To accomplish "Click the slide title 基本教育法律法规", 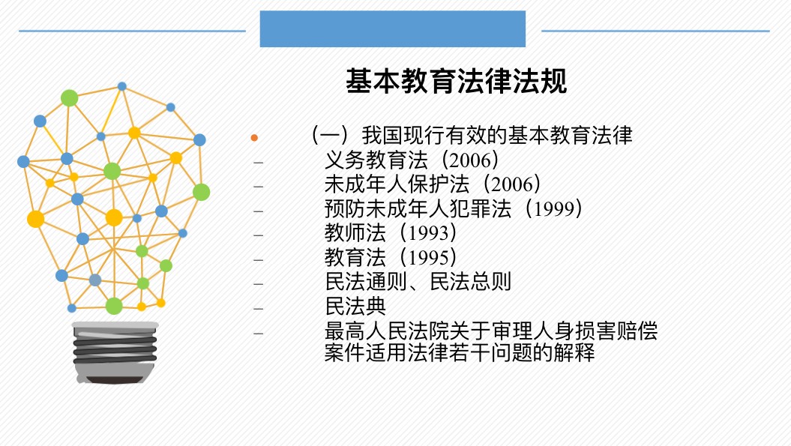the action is pos(456,81).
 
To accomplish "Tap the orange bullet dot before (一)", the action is pos(254,138).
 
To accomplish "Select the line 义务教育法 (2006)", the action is pos(412,160).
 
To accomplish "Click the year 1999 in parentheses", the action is pos(554,209).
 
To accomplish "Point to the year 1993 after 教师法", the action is pos(428,233).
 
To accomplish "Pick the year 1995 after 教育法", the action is pos(428,258).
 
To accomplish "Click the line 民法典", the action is pos(355,307).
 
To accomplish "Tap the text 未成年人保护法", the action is pos(397,184).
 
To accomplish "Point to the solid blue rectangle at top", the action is pos(392,28).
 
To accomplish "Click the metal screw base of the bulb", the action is pos(115,352).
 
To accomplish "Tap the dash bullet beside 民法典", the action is pos(258,308).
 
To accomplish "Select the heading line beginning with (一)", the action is pos(472,135).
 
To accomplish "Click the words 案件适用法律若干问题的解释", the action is pos(460,352).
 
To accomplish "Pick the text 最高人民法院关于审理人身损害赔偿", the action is pos(491,331).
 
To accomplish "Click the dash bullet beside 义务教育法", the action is pos(258,163).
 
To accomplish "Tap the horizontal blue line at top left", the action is pos(132,31).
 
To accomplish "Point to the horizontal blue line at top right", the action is pos(655,31).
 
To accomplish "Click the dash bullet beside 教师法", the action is pos(258,235).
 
